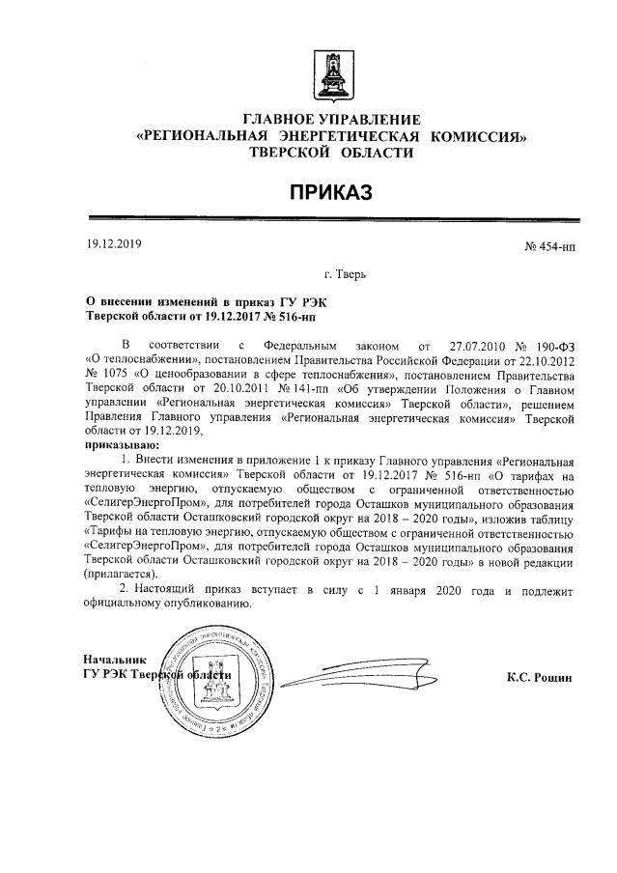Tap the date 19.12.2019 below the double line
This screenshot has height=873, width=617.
114,244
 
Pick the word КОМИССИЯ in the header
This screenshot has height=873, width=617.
479,136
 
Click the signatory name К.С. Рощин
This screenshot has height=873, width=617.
540,678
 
